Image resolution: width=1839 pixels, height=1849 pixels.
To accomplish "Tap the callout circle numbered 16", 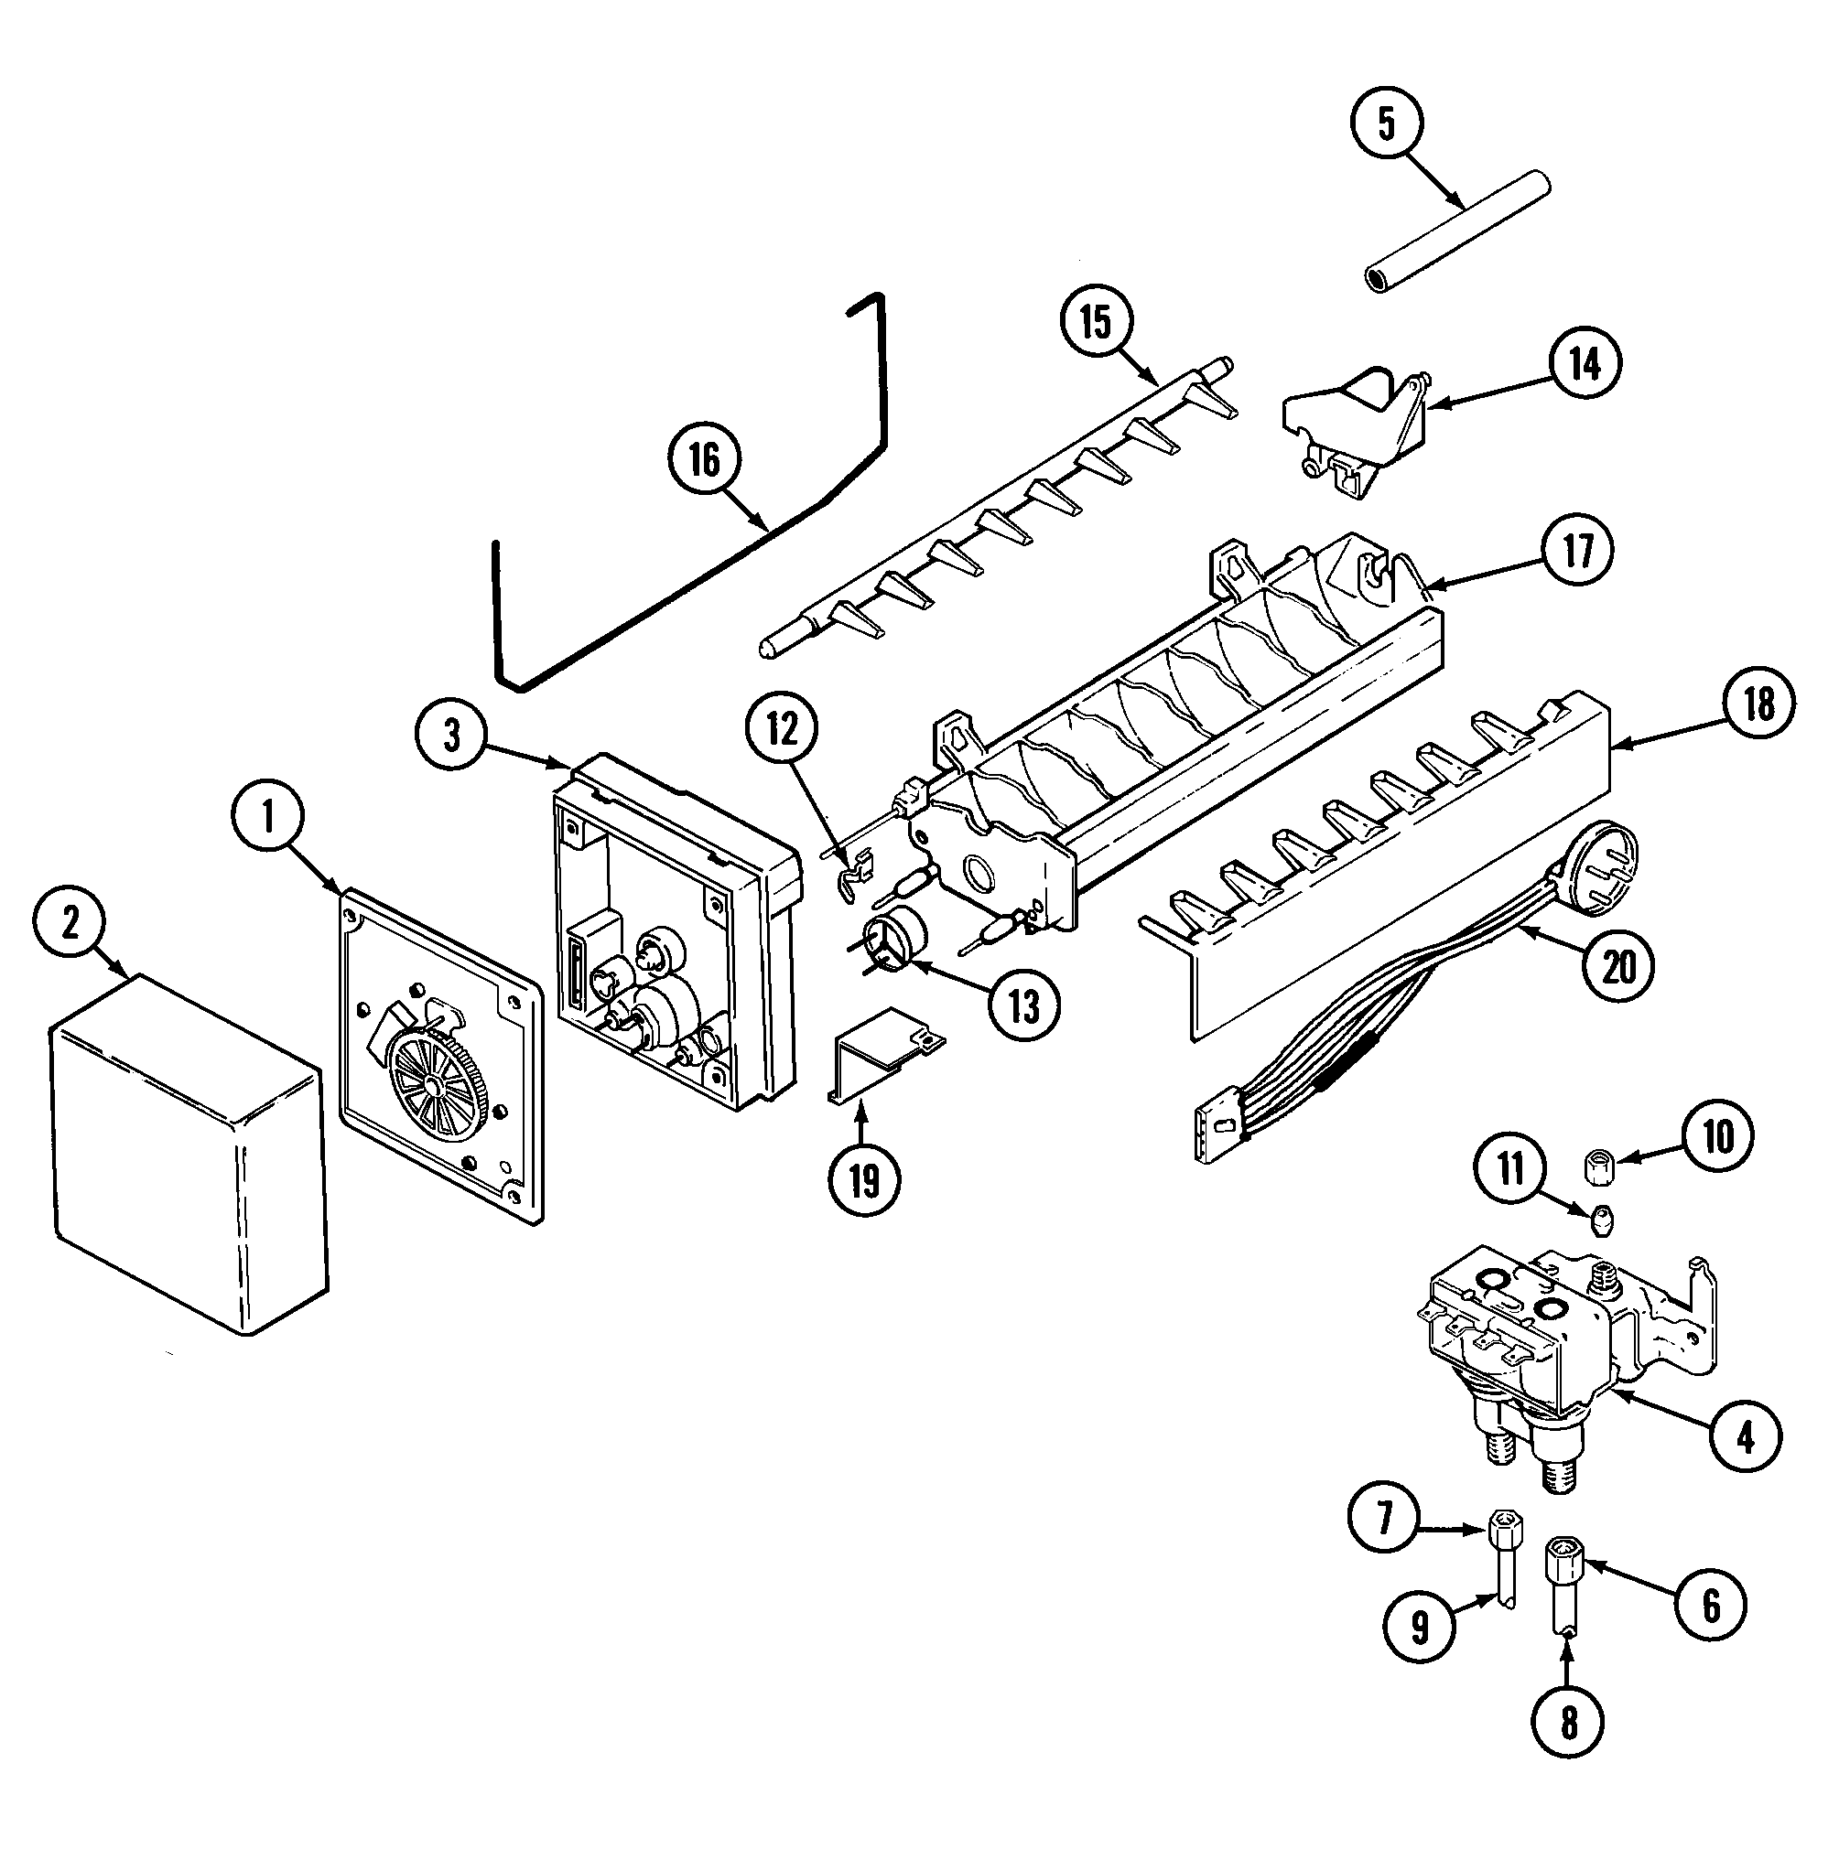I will [x=704, y=460].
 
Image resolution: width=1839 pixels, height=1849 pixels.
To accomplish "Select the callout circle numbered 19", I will [x=863, y=1180].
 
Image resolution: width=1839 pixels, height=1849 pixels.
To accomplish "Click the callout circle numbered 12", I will [x=781, y=730].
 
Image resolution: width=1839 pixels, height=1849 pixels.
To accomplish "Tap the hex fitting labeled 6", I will [x=1561, y=1575].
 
